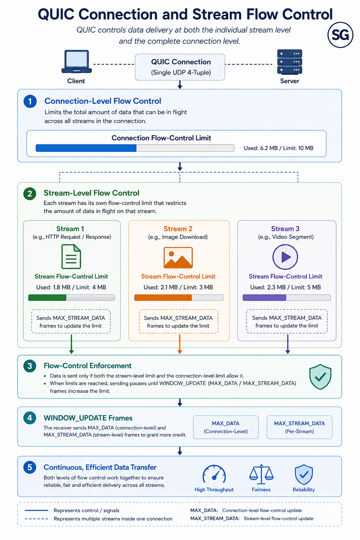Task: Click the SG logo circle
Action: tap(340, 35)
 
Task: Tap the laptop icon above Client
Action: tap(76, 62)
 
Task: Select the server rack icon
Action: tap(290, 62)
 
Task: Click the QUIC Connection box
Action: tap(180, 67)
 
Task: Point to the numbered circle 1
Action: tap(30, 101)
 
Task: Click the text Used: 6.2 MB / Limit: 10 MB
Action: tap(278, 148)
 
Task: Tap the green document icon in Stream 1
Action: tap(71, 257)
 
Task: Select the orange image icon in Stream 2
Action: tap(178, 257)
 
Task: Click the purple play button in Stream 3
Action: tap(285, 257)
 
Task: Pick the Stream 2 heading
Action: tap(178, 229)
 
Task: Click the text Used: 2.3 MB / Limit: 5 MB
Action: tap(285, 287)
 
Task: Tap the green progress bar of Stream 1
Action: tap(71, 297)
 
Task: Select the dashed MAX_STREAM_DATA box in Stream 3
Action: tap(287, 322)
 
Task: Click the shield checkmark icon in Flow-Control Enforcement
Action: tap(320, 377)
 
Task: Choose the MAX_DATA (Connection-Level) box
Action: tap(226, 427)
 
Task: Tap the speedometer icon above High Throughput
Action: tap(214, 474)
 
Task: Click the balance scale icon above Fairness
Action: tap(261, 474)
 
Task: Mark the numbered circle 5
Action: tap(30, 468)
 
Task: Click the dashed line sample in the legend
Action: tap(37, 519)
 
